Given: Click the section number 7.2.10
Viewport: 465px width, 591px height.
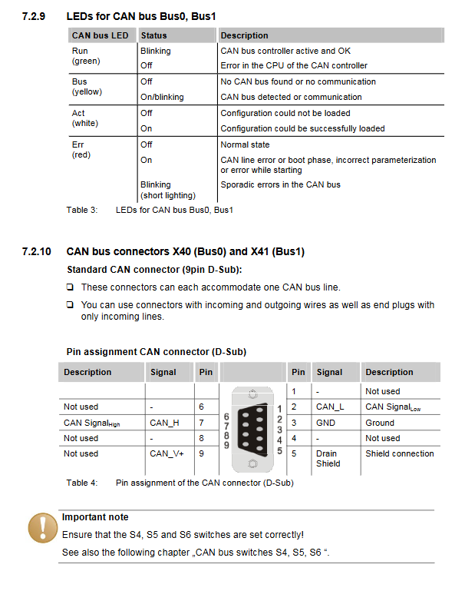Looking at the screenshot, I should click(37, 251).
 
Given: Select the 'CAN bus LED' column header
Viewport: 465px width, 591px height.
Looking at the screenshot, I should click(100, 35).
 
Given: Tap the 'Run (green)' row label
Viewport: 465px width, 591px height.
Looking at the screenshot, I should click(86, 55).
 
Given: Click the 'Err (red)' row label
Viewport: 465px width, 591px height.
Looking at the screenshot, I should click(81, 149).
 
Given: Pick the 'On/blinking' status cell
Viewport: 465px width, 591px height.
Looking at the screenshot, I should click(162, 97).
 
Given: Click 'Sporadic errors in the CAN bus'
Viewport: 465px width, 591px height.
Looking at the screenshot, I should click(280, 184).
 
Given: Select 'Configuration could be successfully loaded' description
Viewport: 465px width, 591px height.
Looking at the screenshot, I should click(302, 128).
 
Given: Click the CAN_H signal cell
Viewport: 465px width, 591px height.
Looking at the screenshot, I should click(165, 423).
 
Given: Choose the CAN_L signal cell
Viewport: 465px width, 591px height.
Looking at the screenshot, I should click(329, 407).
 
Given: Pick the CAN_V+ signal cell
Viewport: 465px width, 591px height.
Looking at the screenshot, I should click(167, 453).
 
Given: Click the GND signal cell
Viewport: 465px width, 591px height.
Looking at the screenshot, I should click(325, 423).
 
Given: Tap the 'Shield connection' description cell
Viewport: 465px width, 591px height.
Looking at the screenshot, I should click(399, 453).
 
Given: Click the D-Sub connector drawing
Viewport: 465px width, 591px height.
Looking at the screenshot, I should click(254, 430).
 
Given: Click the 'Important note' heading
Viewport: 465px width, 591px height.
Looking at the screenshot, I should click(95, 517).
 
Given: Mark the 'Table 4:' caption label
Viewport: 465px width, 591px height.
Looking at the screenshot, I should click(81, 483).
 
